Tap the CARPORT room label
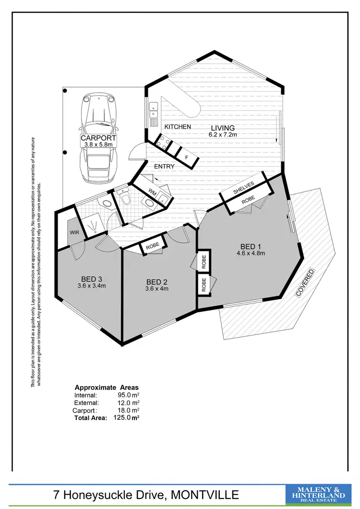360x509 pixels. [98, 138]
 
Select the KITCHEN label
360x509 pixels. [178, 127]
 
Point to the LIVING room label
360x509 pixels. [222, 128]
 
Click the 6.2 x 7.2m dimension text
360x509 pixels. [222, 135]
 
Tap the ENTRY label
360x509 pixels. [164, 167]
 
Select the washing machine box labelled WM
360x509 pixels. [153, 192]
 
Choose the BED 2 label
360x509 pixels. [157, 282]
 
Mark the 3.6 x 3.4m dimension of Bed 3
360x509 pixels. [91, 285]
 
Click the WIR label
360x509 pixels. [74, 233]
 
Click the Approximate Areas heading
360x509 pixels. [107, 387]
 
